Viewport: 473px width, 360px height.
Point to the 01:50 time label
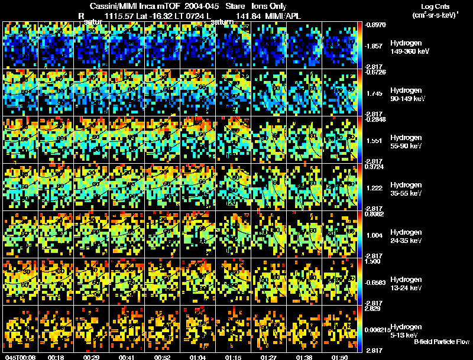[339, 358]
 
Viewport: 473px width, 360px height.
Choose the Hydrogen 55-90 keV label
[407, 142]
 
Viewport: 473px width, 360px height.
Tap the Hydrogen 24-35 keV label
[407, 236]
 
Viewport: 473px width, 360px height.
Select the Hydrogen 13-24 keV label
[407, 284]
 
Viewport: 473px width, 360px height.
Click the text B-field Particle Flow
[442, 342]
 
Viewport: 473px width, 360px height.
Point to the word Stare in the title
[228, 6]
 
